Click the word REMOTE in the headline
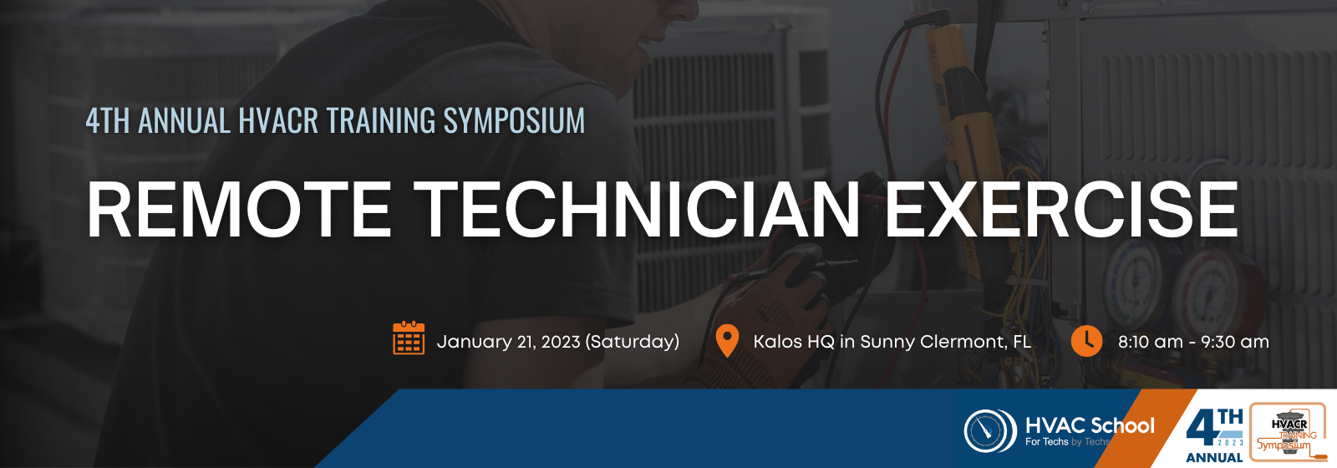click(239, 210)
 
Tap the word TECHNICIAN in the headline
click(637, 210)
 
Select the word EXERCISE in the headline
click(1060, 210)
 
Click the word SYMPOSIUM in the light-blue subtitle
click(514, 120)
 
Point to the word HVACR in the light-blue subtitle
click(278, 120)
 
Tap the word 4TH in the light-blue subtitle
click(108, 120)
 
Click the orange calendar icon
click(409, 338)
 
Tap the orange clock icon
click(1086, 341)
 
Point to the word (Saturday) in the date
click(632, 342)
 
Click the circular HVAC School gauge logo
click(990, 430)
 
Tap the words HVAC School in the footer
click(1090, 425)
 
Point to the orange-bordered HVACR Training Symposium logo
click(1288, 432)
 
